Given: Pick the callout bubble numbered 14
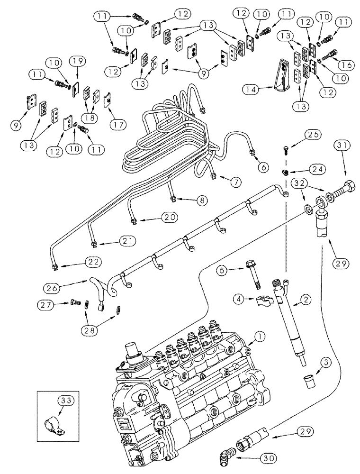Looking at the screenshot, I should coord(252,89).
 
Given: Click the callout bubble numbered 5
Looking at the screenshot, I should coord(224,271).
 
